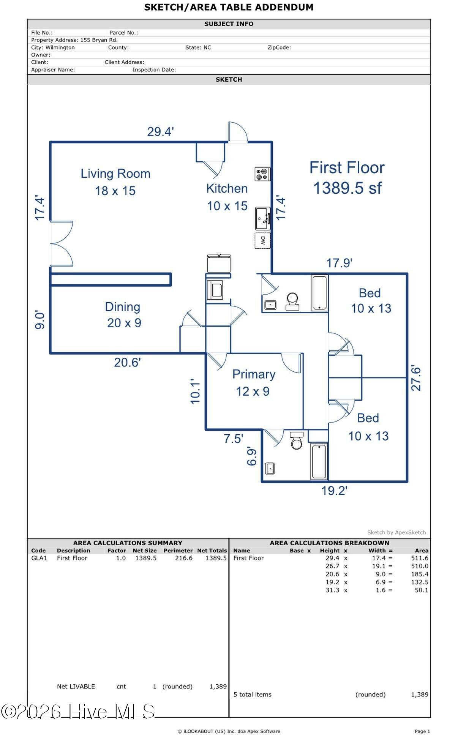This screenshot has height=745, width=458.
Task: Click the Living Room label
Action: (115, 174)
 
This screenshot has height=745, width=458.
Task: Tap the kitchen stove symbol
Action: (262, 174)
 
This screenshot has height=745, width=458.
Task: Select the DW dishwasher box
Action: (262, 240)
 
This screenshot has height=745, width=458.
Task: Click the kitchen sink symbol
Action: (262, 218)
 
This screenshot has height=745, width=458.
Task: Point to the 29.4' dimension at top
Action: (160, 132)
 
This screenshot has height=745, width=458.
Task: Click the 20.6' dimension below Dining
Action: (127, 362)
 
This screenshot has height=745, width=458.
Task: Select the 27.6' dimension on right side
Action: (416, 378)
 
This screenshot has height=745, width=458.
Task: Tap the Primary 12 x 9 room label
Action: (253, 382)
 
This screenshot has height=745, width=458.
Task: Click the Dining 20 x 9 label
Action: (123, 314)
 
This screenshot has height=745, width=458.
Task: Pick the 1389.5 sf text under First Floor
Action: (347, 188)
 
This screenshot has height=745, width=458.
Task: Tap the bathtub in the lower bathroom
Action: (319, 461)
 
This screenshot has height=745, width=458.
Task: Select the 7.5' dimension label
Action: (233, 439)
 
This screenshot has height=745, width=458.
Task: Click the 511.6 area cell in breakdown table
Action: (419, 558)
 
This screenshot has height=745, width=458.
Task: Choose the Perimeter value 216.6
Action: (184, 558)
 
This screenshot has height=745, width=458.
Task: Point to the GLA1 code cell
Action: (39, 558)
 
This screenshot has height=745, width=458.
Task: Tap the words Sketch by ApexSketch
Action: (396, 532)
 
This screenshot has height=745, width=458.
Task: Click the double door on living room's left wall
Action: (61, 243)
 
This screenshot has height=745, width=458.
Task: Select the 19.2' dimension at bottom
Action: (334, 491)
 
